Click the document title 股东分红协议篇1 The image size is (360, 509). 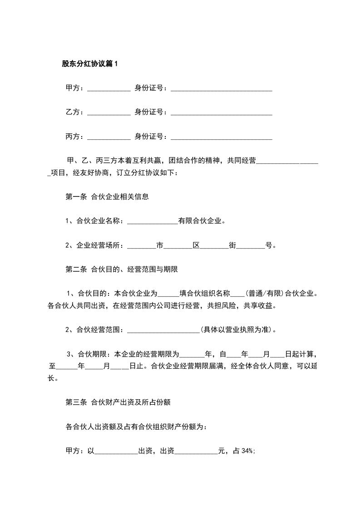click(x=89, y=64)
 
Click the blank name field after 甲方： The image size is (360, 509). click(x=108, y=88)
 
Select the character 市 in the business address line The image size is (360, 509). click(x=160, y=245)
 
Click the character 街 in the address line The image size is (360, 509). click(x=233, y=245)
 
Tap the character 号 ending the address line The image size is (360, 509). click(x=269, y=245)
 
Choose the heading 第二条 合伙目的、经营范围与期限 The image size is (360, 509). click(x=122, y=269)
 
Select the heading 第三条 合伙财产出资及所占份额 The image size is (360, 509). click(x=118, y=402)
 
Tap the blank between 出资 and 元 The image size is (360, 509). click(x=196, y=451)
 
